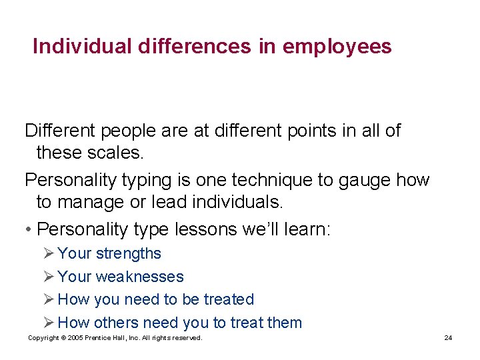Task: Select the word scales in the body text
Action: tap(115, 153)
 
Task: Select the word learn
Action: tap(305, 229)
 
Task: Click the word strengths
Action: tap(128, 253)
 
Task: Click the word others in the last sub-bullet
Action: tap(116, 323)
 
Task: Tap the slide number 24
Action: tap(448, 338)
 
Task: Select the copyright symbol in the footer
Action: tap(61, 338)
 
